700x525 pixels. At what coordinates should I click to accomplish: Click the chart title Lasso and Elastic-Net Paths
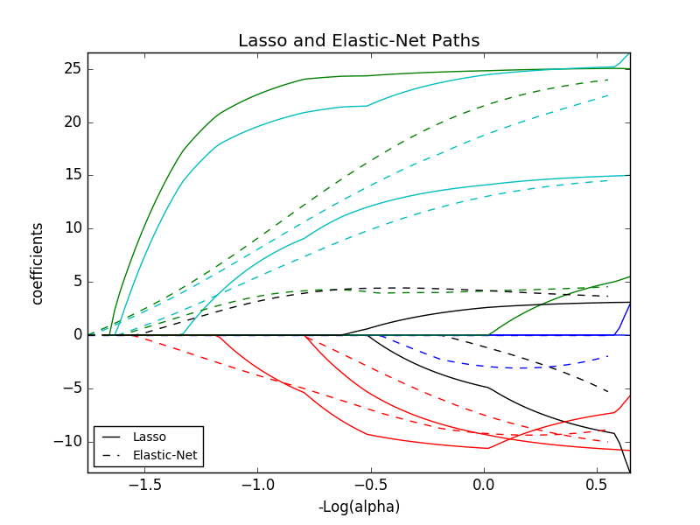tap(359, 41)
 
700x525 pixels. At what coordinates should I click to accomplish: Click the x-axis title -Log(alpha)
tap(359, 507)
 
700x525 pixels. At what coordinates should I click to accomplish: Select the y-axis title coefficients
tap(38, 262)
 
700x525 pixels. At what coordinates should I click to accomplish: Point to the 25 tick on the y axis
tap(72, 69)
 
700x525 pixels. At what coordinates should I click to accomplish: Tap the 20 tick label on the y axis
tap(72, 122)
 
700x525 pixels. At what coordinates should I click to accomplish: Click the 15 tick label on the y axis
tap(72, 175)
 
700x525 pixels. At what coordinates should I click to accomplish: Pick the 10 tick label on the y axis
tap(72, 228)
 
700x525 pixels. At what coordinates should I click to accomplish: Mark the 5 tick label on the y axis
tap(76, 282)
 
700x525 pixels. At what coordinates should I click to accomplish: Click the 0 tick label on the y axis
tap(76, 335)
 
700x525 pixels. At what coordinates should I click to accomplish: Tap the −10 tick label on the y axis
tap(67, 441)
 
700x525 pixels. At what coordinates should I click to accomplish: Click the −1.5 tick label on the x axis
tap(143, 484)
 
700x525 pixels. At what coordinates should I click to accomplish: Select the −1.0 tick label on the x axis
tap(257, 484)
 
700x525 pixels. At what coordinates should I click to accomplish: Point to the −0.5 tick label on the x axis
tap(370, 484)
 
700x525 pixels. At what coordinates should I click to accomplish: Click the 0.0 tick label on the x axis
tap(484, 484)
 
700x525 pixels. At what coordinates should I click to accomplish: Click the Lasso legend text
tap(149, 437)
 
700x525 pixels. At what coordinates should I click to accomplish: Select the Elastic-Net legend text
tap(164, 455)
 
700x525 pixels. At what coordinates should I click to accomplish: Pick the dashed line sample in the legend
tap(112, 455)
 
